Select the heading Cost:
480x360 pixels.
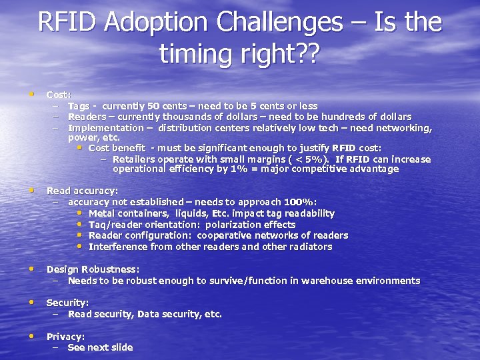(x=59, y=95)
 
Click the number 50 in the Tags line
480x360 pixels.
(x=153, y=106)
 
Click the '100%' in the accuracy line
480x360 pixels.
(x=299, y=201)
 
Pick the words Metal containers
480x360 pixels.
(x=127, y=213)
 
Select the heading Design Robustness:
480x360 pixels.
(x=93, y=269)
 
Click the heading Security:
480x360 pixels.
(x=67, y=303)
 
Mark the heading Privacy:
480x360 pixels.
(x=65, y=337)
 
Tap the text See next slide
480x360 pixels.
(x=100, y=347)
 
